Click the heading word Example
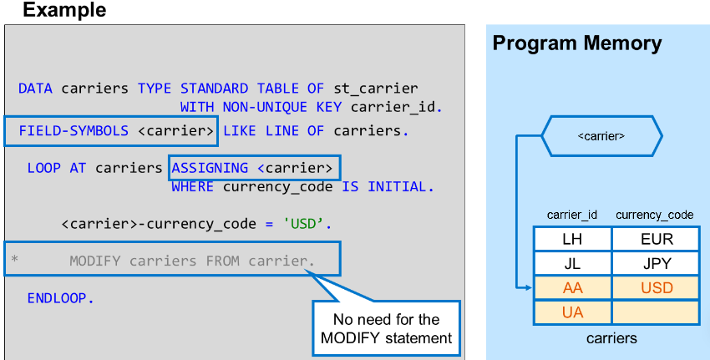[x=64, y=11]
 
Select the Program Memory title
[x=576, y=43]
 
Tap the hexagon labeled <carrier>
[x=601, y=134]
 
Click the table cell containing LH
[x=572, y=240]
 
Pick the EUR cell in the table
[x=656, y=240]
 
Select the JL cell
[x=572, y=264]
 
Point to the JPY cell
[x=656, y=264]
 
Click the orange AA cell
[x=572, y=288]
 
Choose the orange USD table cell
[x=656, y=288]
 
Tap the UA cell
[x=572, y=312]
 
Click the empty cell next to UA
[x=656, y=312]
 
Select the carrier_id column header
[x=572, y=215]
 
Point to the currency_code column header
[x=655, y=215]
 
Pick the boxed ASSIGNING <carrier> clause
[x=254, y=169]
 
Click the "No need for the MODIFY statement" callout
[x=386, y=328]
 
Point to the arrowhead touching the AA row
[x=528, y=288]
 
